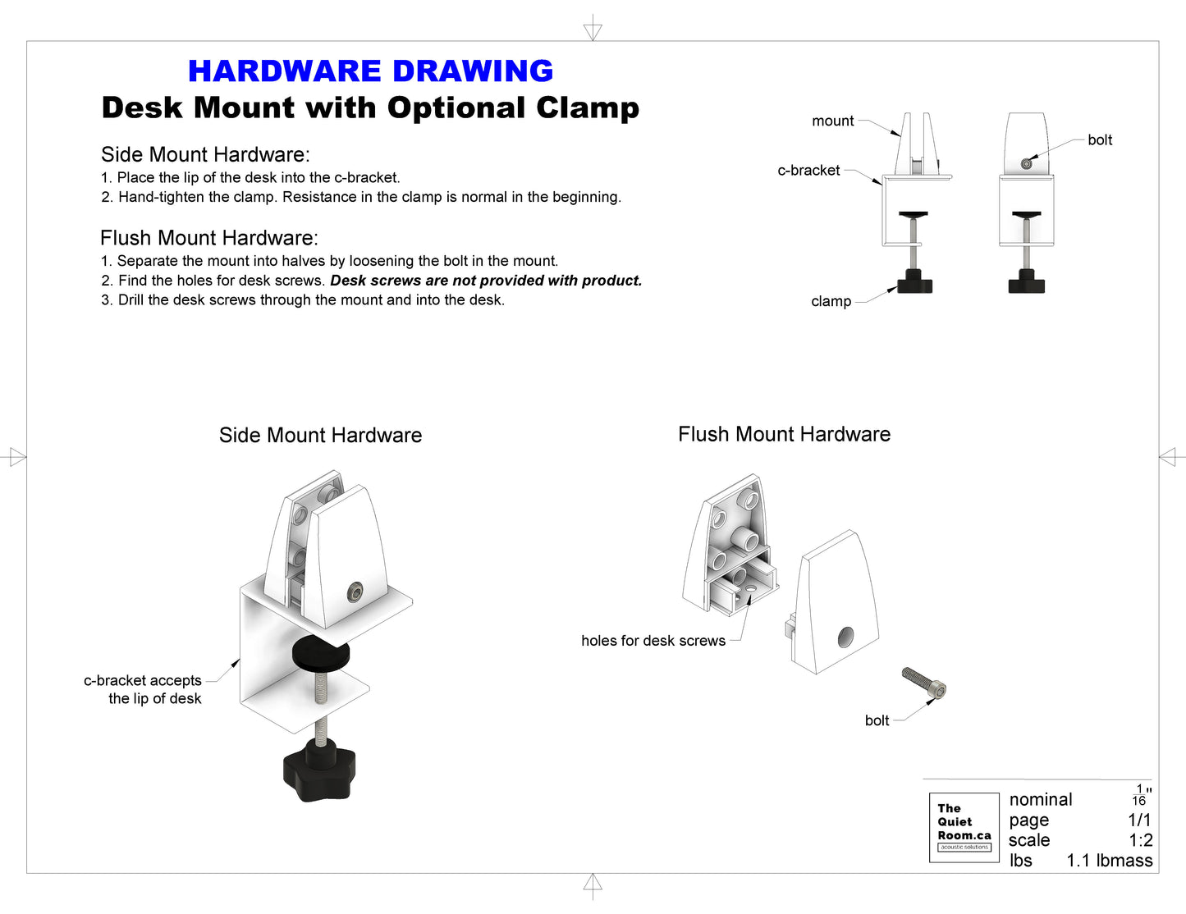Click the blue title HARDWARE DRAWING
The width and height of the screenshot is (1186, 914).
click(370, 71)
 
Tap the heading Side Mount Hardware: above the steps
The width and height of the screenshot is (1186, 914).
click(205, 155)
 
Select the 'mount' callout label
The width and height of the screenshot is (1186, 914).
click(832, 121)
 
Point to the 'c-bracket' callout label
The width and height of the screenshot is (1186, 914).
click(808, 171)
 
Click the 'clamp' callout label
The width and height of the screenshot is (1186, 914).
click(831, 302)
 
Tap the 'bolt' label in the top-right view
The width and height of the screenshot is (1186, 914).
click(1100, 140)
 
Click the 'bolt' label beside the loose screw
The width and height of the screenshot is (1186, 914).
click(877, 720)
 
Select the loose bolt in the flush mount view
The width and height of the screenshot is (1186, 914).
click(924, 683)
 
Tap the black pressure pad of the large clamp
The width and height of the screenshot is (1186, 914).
click(320, 652)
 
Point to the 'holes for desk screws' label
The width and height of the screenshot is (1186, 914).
click(653, 641)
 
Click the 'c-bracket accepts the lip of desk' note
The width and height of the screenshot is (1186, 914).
click(144, 689)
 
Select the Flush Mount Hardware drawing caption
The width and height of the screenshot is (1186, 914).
click(784, 435)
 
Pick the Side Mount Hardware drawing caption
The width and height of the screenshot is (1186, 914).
click(320, 436)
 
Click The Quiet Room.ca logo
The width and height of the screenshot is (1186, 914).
click(964, 827)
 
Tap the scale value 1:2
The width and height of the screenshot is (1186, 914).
click(1140, 840)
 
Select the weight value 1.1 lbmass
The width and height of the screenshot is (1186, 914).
click(1109, 861)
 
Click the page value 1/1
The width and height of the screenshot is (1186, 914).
click(1139, 820)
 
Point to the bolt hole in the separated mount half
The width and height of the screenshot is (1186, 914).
click(845, 637)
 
